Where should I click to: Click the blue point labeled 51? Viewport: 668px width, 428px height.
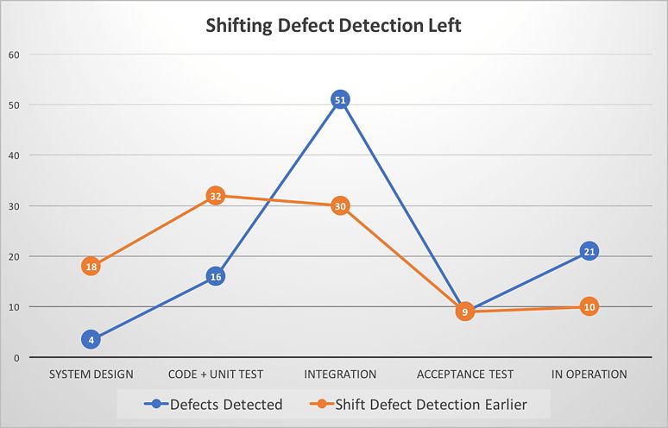coord(340,99)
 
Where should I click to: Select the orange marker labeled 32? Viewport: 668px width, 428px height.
coord(216,196)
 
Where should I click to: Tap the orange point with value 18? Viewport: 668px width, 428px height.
coord(91,267)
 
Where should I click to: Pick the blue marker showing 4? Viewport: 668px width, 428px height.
coord(91,339)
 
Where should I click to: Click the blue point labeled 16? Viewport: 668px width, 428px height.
coord(216,276)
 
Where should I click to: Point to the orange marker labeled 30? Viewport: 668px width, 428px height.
coord(340,206)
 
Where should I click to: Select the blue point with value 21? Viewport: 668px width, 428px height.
coord(589,251)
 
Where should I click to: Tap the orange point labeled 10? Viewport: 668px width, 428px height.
coord(589,306)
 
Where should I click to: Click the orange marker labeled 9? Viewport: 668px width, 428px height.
coord(464,312)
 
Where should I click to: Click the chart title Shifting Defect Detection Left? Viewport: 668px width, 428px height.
coord(333,25)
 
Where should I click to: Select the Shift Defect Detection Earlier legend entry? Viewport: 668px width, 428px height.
coord(420,403)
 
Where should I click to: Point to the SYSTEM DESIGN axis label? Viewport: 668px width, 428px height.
coord(91,374)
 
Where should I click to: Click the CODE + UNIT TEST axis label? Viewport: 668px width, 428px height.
coord(216,374)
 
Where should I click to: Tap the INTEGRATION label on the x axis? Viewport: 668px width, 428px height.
coord(340,374)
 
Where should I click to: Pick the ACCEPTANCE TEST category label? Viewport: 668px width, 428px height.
coord(464,374)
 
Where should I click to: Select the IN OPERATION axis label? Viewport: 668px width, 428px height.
coord(589,374)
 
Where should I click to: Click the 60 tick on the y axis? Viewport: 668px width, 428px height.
coord(13,54)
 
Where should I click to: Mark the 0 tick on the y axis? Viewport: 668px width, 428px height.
coord(16,357)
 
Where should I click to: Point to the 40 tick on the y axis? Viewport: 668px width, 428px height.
coord(13,155)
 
